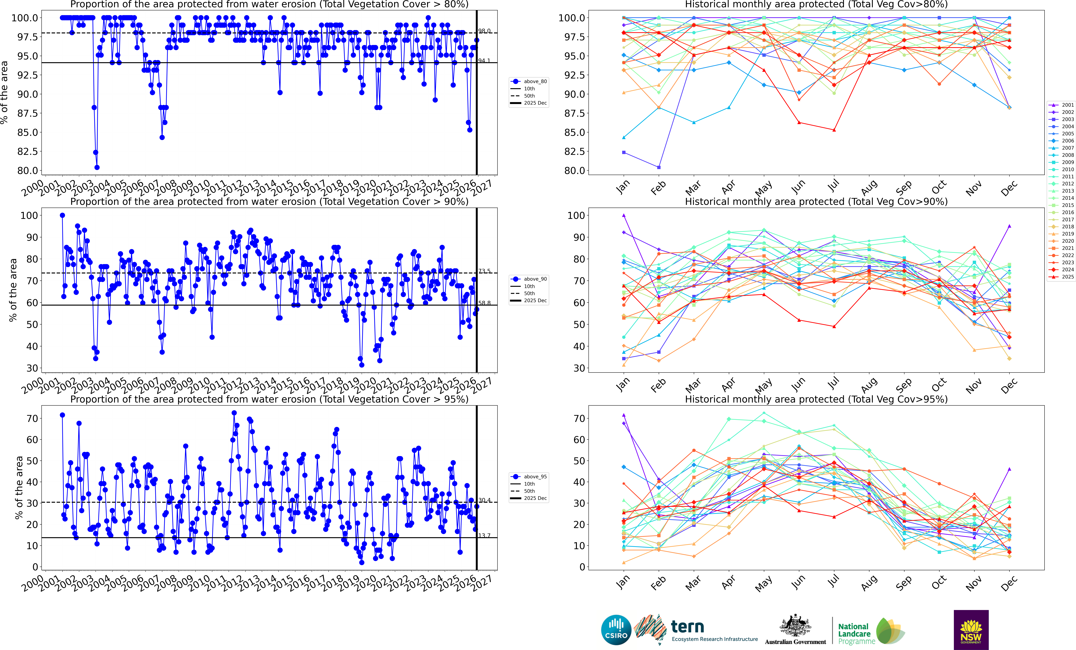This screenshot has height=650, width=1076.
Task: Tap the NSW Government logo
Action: pyautogui.click(x=971, y=630)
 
